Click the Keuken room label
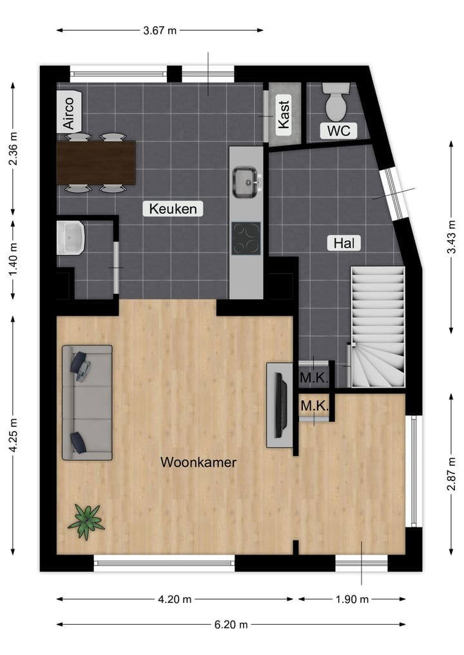[173, 208]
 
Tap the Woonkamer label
[198, 462]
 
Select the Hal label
[343, 243]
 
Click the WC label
[338, 131]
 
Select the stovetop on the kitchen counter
[246, 238]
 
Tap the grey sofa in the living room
[87, 403]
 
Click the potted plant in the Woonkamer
[86, 520]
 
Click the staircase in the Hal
[377, 328]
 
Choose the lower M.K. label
[314, 406]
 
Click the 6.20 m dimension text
[231, 624]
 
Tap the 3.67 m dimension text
[159, 30]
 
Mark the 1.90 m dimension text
[351, 599]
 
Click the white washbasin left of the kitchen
[71, 238]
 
